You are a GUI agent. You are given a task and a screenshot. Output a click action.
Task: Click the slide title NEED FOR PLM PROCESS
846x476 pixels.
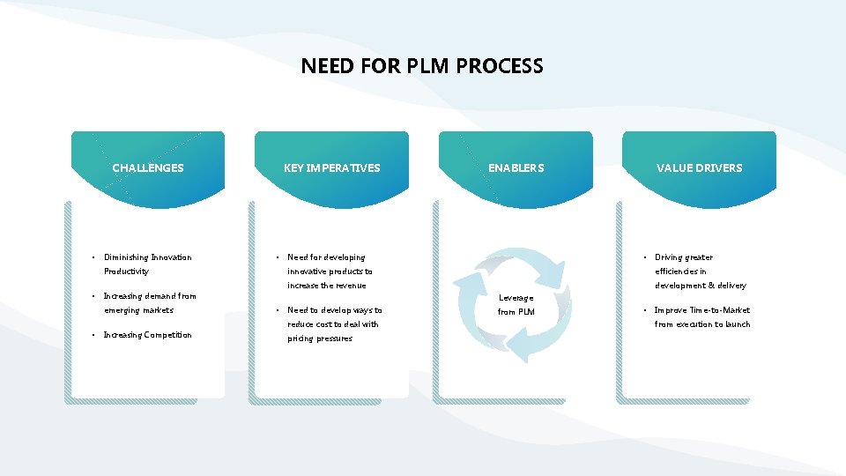point(422,66)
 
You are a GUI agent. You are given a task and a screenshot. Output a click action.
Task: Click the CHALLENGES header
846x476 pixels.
point(148,167)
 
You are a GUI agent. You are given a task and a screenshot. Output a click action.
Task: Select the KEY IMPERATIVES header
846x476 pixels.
point(332,167)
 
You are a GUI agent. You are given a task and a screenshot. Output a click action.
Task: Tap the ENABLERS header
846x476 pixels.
point(516,167)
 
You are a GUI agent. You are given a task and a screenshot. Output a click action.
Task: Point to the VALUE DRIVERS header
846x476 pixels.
point(700,167)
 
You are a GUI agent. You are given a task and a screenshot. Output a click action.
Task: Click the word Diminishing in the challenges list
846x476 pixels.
point(126,257)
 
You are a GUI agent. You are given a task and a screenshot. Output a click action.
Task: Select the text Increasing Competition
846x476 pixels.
point(147,335)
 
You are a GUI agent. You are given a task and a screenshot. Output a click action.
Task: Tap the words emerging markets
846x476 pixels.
point(138,310)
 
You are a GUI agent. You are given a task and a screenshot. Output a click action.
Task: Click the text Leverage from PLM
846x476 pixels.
point(516,305)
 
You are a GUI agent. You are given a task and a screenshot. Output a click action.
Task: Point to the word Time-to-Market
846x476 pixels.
point(722,310)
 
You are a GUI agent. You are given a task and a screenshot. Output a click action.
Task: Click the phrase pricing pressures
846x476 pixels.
point(320,338)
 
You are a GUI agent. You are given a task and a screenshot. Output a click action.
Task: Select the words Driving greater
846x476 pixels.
point(684,257)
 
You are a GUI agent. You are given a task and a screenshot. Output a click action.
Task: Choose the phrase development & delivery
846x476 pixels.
point(701,286)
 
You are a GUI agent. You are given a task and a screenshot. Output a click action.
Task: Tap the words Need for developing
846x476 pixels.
point(326,257)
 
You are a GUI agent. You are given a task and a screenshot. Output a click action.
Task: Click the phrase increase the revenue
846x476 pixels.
point(327,286)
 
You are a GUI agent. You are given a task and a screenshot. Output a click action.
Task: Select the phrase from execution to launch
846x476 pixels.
point(702,324)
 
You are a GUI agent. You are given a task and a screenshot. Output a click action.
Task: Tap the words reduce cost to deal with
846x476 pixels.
point(333,324)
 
